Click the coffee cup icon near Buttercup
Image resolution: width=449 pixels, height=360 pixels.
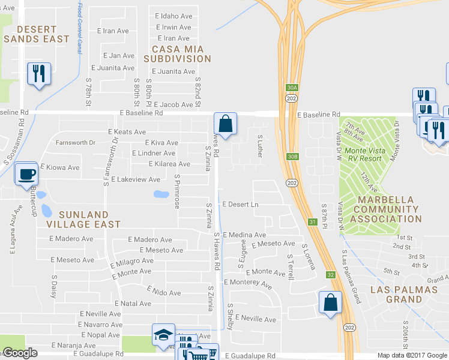point(26,175)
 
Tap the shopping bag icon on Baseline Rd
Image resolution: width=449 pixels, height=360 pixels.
point(224,124)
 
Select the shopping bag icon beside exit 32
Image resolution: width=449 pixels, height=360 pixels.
point(330,302)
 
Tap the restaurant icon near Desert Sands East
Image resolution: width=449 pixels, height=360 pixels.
point(38,74)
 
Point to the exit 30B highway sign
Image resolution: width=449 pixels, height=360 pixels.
point(292,157)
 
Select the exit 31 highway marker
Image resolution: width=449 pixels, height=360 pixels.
point(312,222)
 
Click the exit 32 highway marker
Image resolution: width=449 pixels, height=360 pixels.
point(330,275)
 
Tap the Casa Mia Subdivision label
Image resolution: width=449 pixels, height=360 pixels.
point(178,53)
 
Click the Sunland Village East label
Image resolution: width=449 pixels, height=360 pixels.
point(82,219)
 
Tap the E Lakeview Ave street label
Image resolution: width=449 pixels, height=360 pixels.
point(135,179)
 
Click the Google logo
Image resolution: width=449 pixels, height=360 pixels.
point(20,353)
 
